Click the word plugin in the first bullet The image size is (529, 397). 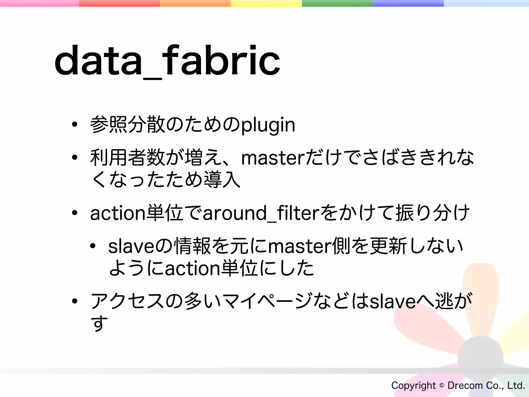tap(268, 125)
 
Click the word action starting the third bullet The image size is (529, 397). tap(118, 213)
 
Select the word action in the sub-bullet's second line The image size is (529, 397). tap(192, 269)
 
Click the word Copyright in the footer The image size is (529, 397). tap(413, 385)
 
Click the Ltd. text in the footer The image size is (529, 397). tap(516, 385)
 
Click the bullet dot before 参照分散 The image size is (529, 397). tap(75, 125)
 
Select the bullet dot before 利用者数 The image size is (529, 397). tap(75, 158)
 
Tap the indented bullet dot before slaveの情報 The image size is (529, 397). tap(93, 246)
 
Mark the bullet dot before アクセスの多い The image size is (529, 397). tap(75, 301)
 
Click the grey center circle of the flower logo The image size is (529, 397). tap(480, 359)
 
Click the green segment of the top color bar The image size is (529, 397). tap(337, 3)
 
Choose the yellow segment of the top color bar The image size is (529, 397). tap(266, 3)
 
